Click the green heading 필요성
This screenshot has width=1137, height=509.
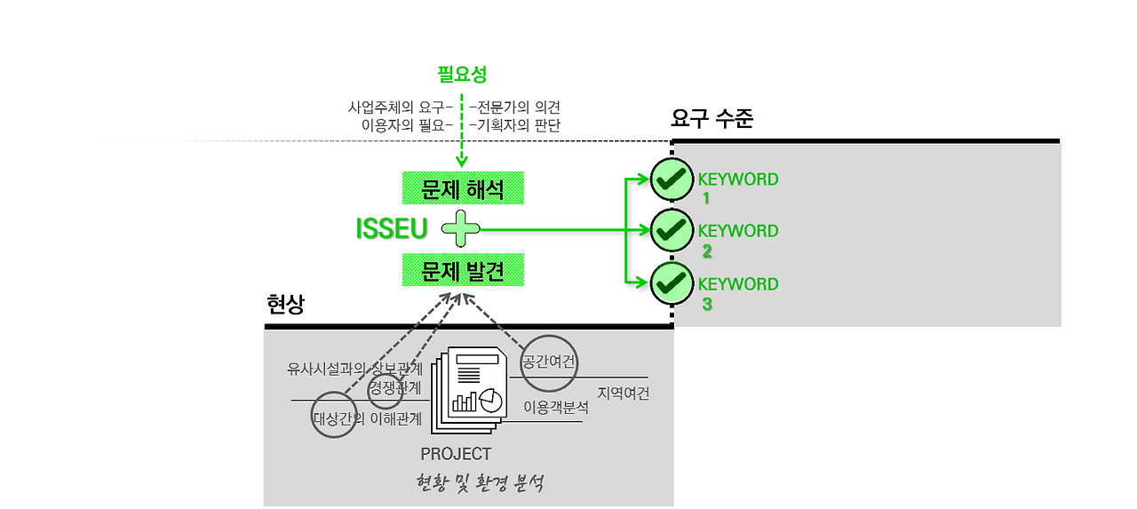pyautogui.click(x=462, y=75)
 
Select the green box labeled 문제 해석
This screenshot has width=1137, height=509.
pyautogui.click(x=462, y=188)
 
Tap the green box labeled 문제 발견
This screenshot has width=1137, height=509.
pyautogui.click(x=462, y=270)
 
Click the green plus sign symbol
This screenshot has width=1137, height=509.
pyautogui.click(x=461, y=229)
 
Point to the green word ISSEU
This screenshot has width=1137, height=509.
pyautogui.click(x=391, y=229)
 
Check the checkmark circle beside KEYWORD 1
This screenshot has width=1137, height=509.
pyautogui.click(x=672, y=180)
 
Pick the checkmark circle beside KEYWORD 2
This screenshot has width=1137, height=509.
pyautogui.click(x=672, y=230)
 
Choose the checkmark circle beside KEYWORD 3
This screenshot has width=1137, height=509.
pyautogui.click(x=672, y=283)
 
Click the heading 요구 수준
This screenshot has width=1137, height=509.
pyautogui.click(x=712, y=119)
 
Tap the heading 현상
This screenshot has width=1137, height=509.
pyautogui.click(x=285, y=305)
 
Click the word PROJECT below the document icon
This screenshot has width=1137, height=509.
pyautogui.click(x=456, y=454)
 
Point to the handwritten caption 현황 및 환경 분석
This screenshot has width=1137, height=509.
pyautogui.click(x=480, y=484)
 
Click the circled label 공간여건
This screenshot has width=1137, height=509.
pyautogui.click(x=549, y=362)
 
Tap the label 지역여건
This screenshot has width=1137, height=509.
pyautogui.click(x=623, y=393)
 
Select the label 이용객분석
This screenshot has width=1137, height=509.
pyautogui.click(x=555, y=408)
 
